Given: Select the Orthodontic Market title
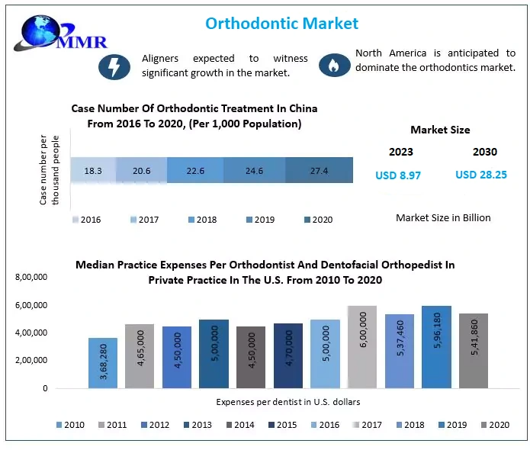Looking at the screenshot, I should pyautogui.click(x=281, y=24).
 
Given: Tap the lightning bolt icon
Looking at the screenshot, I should pyautogui.click(x=114, y=66).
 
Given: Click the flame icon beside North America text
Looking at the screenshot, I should pyautogui.click(x=332, y=65).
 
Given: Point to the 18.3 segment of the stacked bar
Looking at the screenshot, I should pyautogui.click(x=93, y=171).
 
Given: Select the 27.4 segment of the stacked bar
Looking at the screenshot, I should pyautogui.click(x=319, y=171).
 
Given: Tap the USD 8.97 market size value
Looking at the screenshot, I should pyautogui.click(x=398, y=175).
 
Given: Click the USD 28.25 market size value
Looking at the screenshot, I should pyautogui.click(x=481, y=175).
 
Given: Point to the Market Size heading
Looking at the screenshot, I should pyautogui.click(x=440, y=130).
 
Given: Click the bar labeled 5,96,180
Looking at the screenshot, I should pyautogui.click(x=437, y=347).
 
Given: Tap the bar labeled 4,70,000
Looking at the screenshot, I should pyautogui.click(x=288, y=356).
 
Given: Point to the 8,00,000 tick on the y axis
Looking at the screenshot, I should pyautogui.click(x=31, y=278).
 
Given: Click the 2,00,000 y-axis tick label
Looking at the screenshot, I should pyautogui.click(x=31, y=360).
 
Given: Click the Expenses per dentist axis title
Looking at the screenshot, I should pyautogui.click(x=287, y=401).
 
